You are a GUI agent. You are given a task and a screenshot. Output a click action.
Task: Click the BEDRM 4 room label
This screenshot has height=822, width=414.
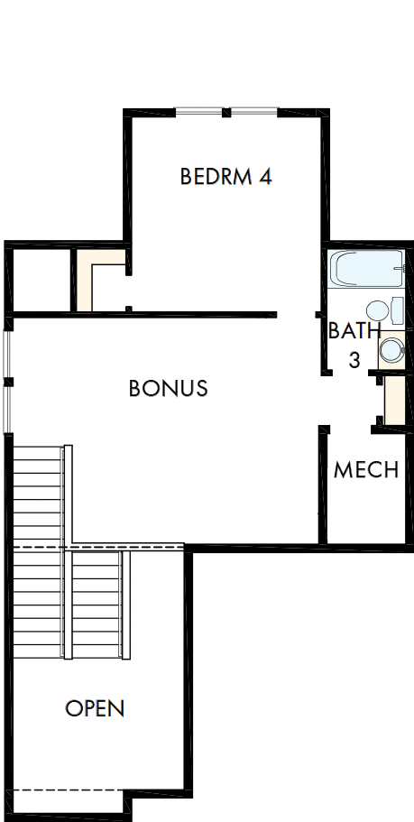pyautogui.click(x=225, y=176)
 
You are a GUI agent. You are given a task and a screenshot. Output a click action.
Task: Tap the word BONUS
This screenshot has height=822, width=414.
pyautogui.click(x=169, y=388)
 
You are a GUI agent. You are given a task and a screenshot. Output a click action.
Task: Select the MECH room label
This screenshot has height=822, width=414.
pyautogui.click(x=365, y=470)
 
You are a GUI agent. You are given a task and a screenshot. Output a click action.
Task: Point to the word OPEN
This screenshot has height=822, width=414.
pyautogui.click(x=95, y=708)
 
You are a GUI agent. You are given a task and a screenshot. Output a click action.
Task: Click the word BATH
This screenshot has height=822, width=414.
pyautogui.click(x=354, y=330)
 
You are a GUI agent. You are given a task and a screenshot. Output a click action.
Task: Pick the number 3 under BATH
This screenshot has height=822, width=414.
pyautogui.click(x=354, y=360)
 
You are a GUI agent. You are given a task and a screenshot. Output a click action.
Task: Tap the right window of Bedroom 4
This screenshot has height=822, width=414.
pyautogui.click(x=255, y=112)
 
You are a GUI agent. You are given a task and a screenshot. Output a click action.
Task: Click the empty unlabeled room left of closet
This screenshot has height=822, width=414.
pyautogui.click(x=41, y=279)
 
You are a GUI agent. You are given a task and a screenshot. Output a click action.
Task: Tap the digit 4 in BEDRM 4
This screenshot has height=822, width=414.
pyautogui.click(x=265, y=176)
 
